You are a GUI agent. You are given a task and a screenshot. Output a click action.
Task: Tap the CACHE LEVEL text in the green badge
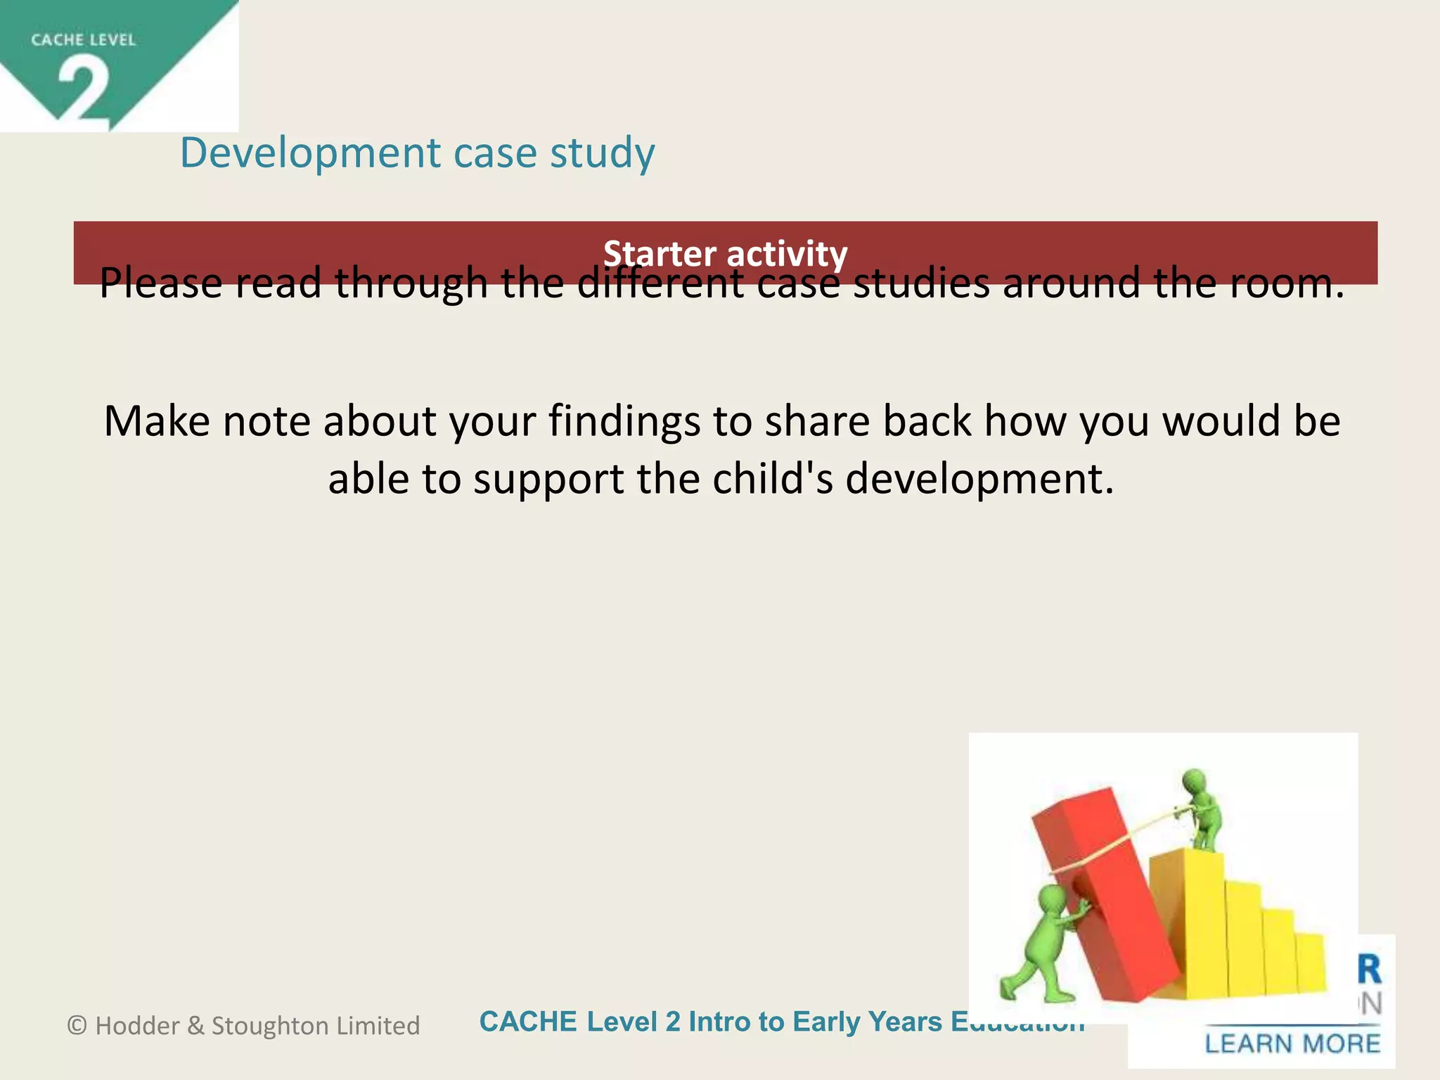83,40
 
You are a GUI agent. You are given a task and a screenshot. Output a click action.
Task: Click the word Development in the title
310,153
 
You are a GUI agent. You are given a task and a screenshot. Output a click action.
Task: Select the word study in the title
602,153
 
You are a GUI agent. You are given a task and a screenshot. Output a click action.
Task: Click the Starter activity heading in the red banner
725,253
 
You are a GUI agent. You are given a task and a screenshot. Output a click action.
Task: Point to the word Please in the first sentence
160,283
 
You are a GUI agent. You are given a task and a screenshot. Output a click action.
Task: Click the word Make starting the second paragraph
157,421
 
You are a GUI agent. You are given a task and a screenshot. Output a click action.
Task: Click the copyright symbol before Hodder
77,1026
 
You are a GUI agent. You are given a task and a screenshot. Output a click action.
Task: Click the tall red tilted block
1104,893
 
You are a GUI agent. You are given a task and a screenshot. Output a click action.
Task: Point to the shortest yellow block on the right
1309,963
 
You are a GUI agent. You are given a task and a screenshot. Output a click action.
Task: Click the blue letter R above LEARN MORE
1369,970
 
